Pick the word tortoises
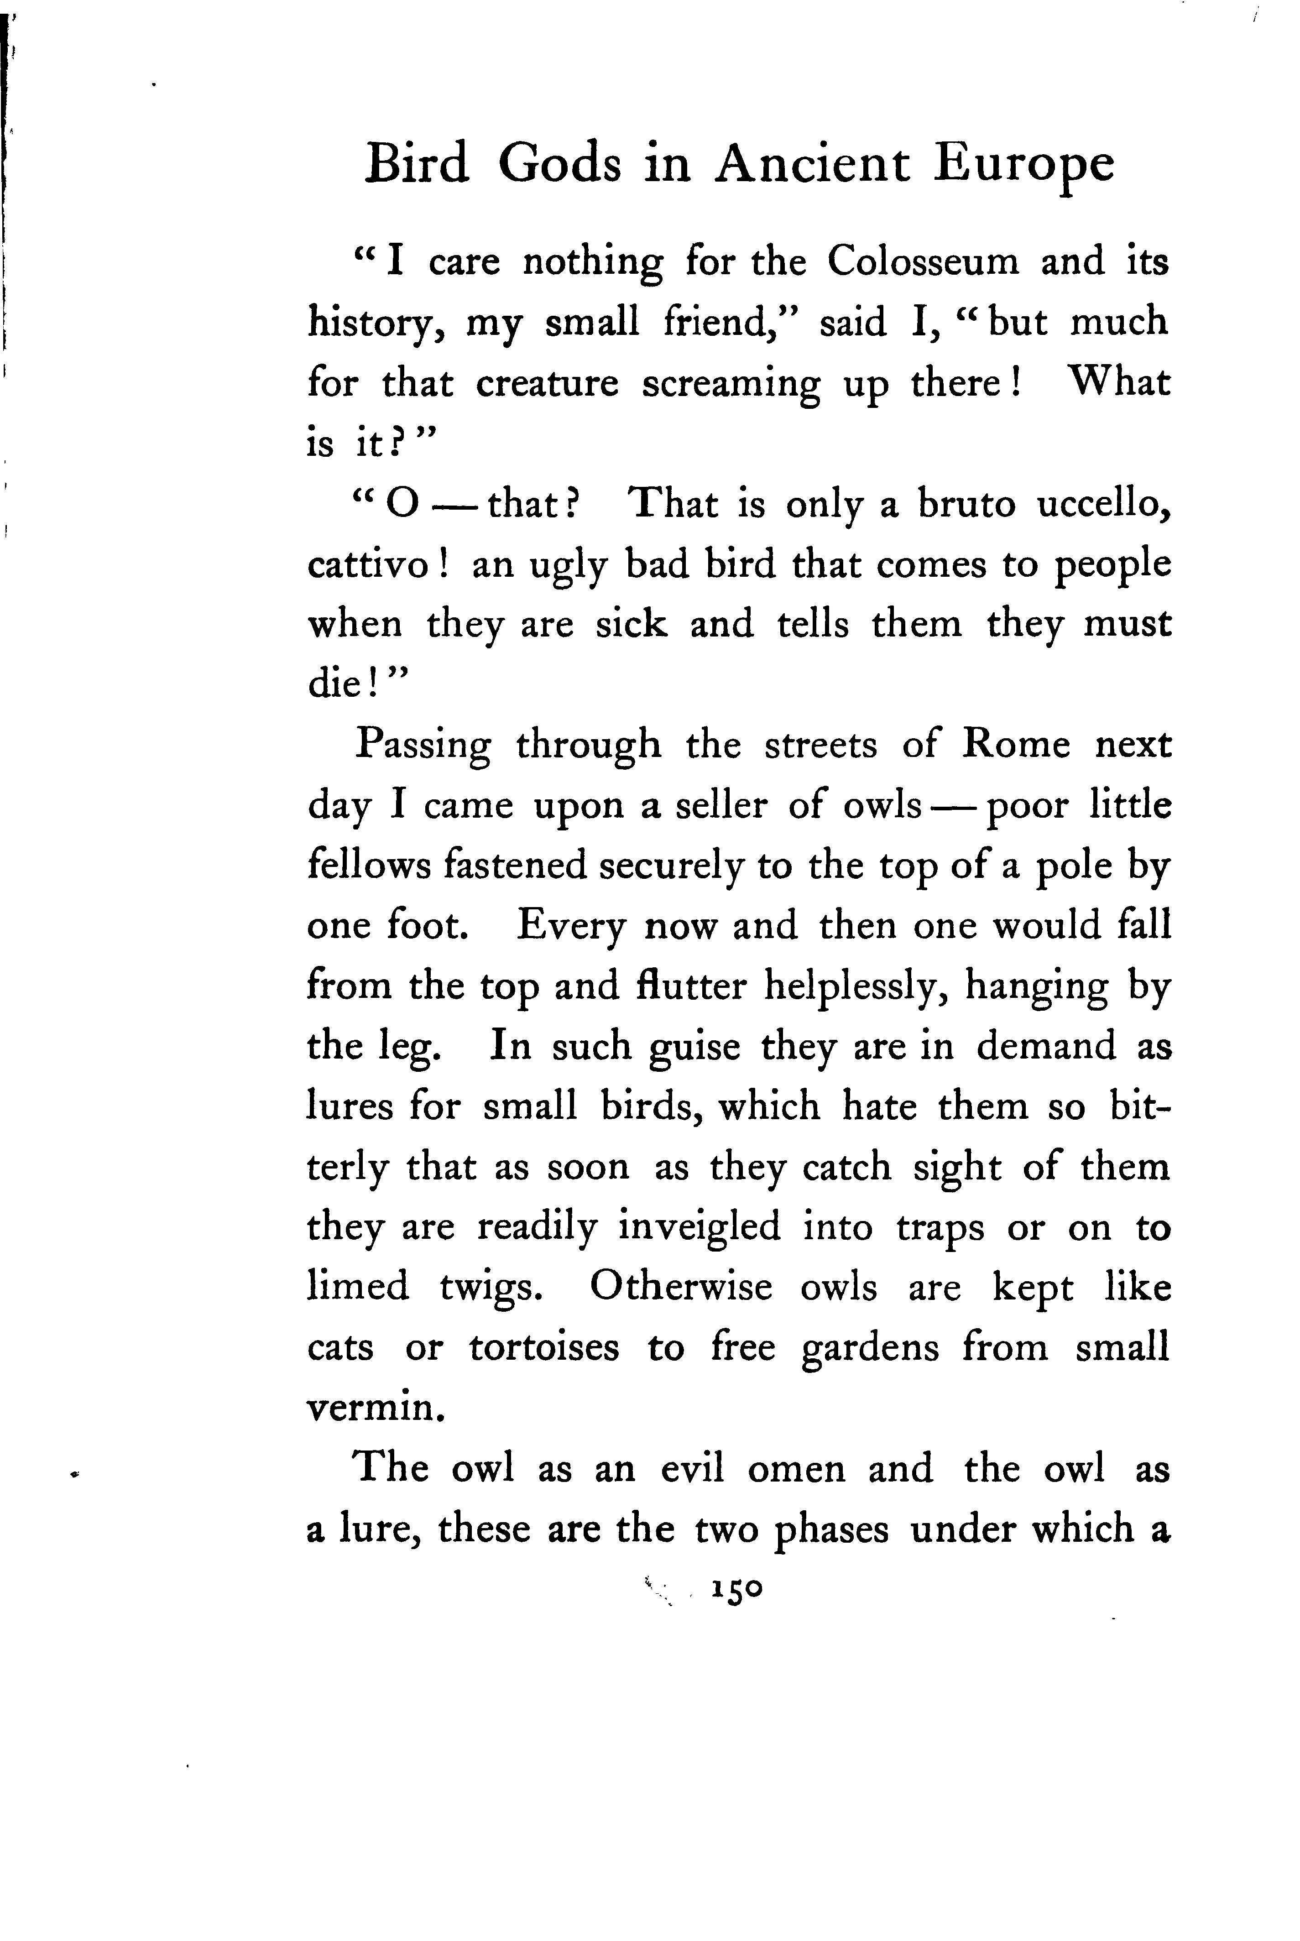point(544,1348)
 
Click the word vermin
point(370,1408)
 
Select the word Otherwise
point(681,1287)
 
